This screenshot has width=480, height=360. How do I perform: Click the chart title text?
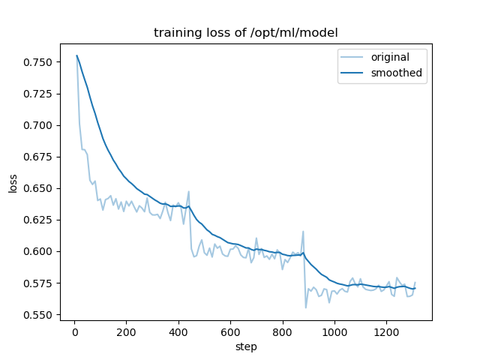point(246,33)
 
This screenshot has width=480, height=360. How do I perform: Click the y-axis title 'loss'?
point(13,182)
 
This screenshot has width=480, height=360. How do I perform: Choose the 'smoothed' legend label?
point(401,73)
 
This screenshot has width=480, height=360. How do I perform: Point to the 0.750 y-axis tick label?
point(37,62)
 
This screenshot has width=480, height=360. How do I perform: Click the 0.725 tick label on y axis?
point(37,94)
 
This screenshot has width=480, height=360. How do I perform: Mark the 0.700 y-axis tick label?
point(37,125)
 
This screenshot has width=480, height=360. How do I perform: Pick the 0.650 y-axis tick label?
point(37,188)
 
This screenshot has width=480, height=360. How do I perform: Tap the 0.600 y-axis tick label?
point(37,251)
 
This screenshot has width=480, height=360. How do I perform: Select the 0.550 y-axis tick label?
point(37,315)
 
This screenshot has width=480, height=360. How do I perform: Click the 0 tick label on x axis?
point(74,331)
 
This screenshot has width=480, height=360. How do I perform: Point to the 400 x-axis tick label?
point(178,331)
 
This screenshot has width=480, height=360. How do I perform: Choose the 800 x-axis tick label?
point(283,331)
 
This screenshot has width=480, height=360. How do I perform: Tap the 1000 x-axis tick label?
point(334,331)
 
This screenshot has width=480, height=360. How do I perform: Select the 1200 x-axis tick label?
point(386,331)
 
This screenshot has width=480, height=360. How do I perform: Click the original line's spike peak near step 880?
point(303,232)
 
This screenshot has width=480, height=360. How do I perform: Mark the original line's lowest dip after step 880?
point(306,307)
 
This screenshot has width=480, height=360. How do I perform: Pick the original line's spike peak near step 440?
point(189,191)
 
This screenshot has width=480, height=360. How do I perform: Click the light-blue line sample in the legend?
point(356,57)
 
